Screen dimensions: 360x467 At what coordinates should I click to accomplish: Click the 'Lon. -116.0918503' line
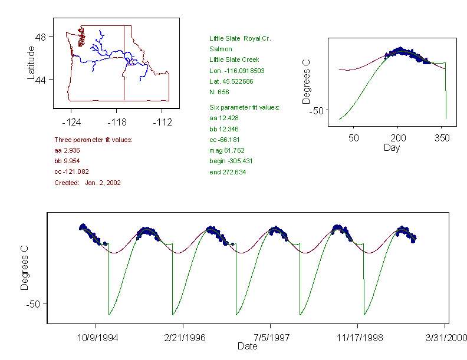pyautogui.click(x=236, y=71)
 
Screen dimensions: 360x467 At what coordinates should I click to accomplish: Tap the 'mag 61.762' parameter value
pyautogui.click(x=227, y=150)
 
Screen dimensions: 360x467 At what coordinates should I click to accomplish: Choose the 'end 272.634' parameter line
pyautogui.click(x=228, y=172)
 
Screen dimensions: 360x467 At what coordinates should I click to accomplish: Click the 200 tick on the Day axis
pyautogui.click(x=398, y=138)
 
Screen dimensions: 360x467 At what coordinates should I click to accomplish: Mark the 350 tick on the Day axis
pyautogui.click(x=442, y=138)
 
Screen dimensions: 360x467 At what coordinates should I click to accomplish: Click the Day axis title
pyautogui.click(x=392, y=148)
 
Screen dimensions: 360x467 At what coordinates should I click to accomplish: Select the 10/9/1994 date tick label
pyautogui.click(x=96, y=338)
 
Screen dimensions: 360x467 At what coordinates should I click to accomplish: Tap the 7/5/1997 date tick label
pyautogui.click(x=270, y=338)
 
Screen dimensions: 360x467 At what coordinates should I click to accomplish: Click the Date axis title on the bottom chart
pyautogui.click(x=247, y=346)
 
